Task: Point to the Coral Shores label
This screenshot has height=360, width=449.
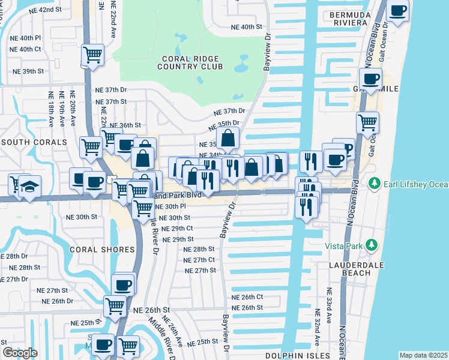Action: tap(101, 249)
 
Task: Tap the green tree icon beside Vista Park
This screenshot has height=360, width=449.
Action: tap(372, 245)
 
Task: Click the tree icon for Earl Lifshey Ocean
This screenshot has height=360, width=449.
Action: tap(375, 182)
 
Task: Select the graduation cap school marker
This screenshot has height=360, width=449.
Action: tap(28, 185)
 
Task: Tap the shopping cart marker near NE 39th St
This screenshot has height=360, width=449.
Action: tap(93, 55)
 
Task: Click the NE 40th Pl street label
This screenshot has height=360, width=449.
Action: tap(25, 37)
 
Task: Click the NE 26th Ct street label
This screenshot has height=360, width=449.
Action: tap(247, 297)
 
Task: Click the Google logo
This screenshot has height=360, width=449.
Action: tap(20, 353)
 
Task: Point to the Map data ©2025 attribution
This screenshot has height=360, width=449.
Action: tap(423, 355)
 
